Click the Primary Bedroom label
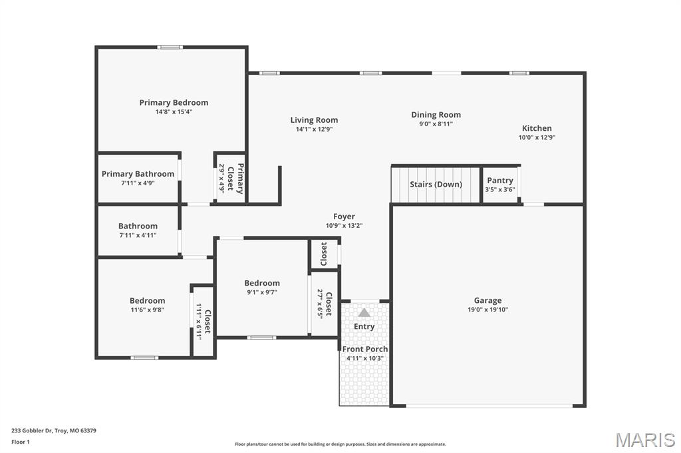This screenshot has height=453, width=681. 174,102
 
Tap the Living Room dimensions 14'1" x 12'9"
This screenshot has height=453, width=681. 314,130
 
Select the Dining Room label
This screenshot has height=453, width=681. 436,115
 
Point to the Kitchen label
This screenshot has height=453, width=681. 536,128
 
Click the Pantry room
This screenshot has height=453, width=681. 500,184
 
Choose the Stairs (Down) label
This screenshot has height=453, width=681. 436,184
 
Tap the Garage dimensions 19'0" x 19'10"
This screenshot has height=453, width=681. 487,310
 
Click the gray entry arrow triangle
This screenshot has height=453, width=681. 364,312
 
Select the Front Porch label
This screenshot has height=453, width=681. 365,349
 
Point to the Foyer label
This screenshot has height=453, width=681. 344,217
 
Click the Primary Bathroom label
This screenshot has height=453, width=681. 138,174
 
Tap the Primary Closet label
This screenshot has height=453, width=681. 240,178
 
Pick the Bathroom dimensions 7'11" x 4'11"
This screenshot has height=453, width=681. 138,235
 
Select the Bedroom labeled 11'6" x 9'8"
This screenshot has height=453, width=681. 147,304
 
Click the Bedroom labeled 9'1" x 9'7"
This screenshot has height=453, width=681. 262,287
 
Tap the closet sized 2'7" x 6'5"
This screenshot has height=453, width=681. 325,303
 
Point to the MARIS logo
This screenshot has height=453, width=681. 644,440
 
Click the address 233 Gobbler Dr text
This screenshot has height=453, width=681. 54,430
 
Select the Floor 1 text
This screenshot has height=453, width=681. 21,441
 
